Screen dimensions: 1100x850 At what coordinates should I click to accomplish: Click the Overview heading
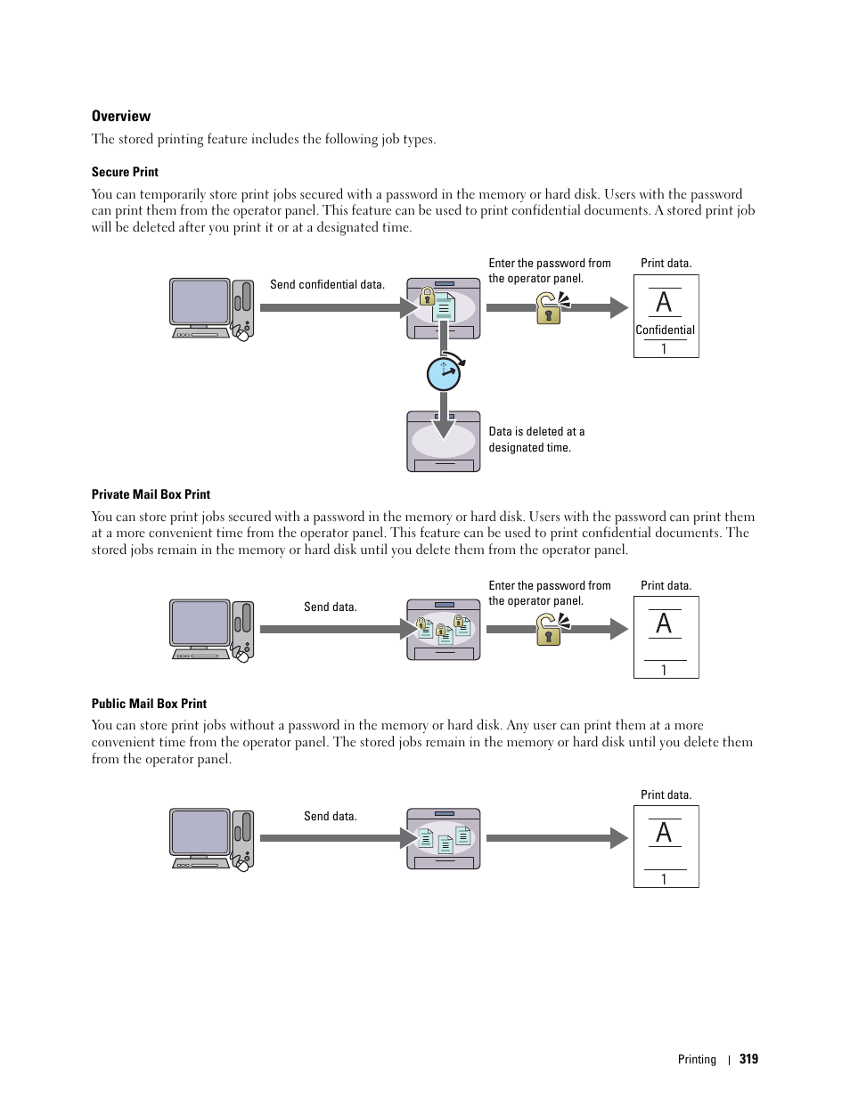coord(121,116)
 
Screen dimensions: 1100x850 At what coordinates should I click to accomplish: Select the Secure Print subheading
coord(125,172)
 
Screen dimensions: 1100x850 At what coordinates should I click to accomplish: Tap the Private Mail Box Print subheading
coord(151,494)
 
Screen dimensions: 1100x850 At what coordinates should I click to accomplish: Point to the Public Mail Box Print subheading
coord(149,704)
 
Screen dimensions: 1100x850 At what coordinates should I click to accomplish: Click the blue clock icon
coord(444,374)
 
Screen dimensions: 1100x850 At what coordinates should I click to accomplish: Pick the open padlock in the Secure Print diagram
coord(551,308)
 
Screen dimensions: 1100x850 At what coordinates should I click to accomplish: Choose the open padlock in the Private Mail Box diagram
coord(551,630)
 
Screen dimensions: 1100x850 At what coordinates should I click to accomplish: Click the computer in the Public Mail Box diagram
coord(212,839)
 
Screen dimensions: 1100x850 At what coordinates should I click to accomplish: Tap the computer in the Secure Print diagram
coord(212,308)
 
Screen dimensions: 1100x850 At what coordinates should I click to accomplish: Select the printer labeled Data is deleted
coord(444,442)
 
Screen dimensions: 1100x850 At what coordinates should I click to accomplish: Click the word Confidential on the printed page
coord(665,330)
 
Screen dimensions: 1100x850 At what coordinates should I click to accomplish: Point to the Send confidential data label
coord(327,285)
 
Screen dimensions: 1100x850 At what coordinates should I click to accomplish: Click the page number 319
coord(748,1059)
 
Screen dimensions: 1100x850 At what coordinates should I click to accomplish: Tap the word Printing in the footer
coord(697,1059)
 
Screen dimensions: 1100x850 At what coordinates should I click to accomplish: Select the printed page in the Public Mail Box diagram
coord(666,846)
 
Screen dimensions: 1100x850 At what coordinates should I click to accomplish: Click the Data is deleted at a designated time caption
coord(536,439)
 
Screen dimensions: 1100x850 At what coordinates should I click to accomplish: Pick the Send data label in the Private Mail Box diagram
coord(330,607)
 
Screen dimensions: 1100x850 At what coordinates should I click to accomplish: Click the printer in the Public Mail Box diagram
coord(444,839)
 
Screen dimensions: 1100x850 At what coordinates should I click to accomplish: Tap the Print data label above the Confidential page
coord(666,264)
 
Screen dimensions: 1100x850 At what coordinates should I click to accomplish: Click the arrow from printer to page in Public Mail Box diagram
coord(556,838)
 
